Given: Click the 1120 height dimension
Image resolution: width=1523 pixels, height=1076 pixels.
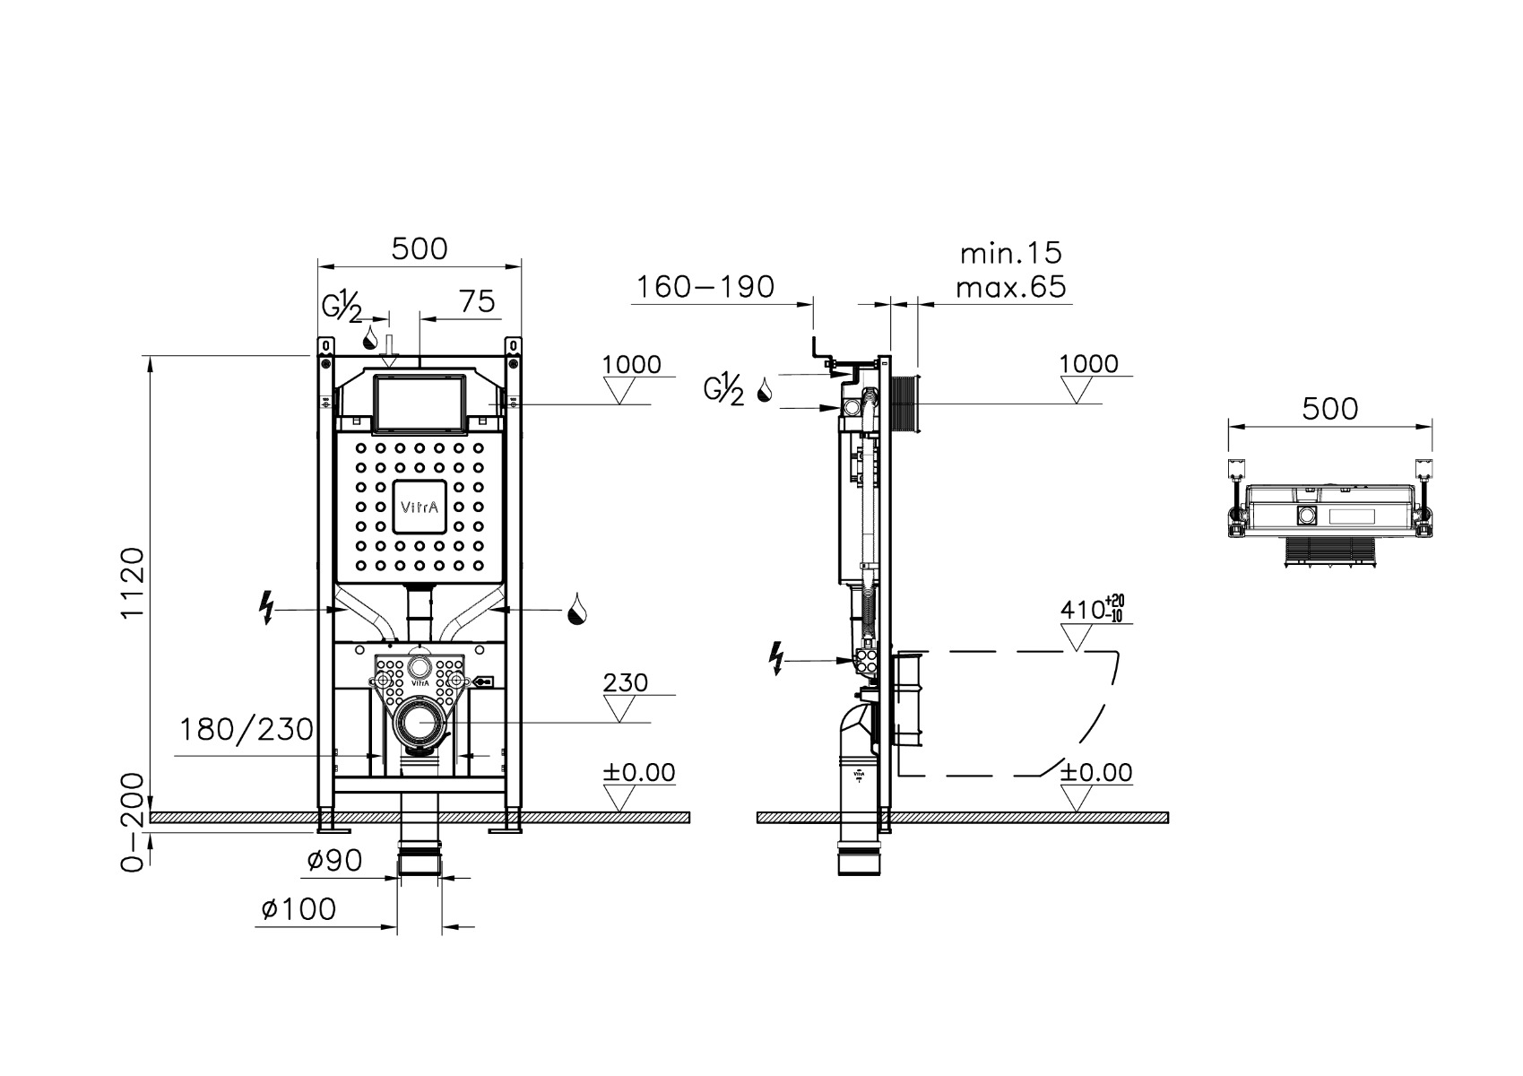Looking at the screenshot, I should pos(132,582).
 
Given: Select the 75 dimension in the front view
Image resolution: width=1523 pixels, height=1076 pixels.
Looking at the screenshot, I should pos(477,301).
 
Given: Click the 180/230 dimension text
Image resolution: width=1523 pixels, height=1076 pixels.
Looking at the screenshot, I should pos(247,730).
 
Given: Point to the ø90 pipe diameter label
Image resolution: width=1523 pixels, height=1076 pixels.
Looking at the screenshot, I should pos(334,861).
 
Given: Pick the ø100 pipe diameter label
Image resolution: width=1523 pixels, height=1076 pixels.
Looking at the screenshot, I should pos(299,909).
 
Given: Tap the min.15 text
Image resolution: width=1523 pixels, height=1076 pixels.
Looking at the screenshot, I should pos(1010,254).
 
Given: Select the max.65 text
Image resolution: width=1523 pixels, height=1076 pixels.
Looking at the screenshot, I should pos(1010,287).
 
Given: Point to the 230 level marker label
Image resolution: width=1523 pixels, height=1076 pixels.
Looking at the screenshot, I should pos(625,682).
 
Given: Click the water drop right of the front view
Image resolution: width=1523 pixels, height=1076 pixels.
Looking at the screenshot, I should pos(576,609).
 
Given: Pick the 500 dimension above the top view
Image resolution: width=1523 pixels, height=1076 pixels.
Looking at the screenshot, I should pos(1329,409).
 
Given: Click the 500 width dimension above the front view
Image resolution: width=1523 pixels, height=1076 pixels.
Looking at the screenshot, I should pos(420,248).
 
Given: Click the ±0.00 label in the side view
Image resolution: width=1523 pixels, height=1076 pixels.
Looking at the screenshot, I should pos(1096,772).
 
